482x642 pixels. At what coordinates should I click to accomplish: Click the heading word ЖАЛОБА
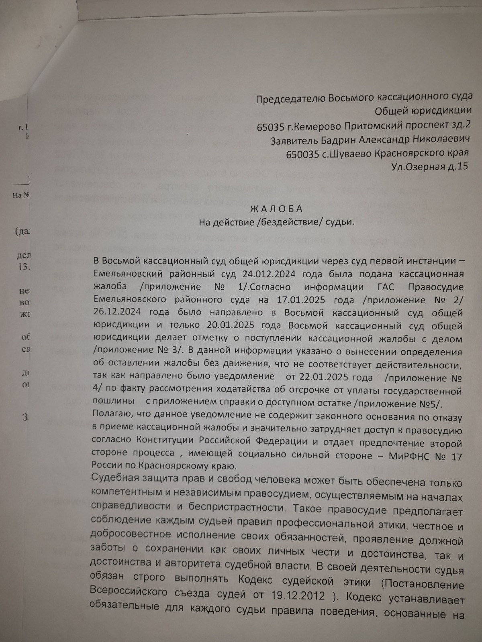276,209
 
